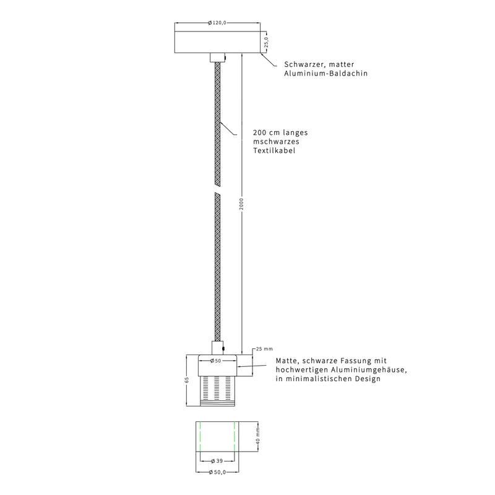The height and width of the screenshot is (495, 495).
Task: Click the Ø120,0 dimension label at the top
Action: (x=217, y=23)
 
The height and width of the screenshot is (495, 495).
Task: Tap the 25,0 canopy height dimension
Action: (x=266, y=42)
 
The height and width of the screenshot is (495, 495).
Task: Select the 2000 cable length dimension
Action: (x=241, y=204)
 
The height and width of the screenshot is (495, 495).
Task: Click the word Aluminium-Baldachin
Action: (x=326, y=74)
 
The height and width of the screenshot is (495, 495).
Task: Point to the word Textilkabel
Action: (x=274, y=150)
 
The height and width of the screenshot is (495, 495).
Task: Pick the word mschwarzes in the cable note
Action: (x=276, y=142)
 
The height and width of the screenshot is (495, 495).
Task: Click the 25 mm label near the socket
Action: (x=264, y=349)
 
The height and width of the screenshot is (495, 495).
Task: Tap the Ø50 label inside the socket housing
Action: (x=215, y=361)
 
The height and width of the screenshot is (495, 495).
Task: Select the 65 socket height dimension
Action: (x=187, y=380)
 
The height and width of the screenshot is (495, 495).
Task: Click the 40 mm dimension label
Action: (x=258, y=436)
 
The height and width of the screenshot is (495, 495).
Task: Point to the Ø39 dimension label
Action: (x=217, y=461)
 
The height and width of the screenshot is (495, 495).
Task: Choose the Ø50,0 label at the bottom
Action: (x=217, y=472)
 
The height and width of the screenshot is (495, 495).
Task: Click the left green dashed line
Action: (x=200, y=437)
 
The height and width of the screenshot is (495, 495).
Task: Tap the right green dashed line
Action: (x=235, y=437)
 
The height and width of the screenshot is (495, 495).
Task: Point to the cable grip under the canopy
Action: (x=218, y=58)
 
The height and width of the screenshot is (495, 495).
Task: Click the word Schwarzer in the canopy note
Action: (x=304, y=65)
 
